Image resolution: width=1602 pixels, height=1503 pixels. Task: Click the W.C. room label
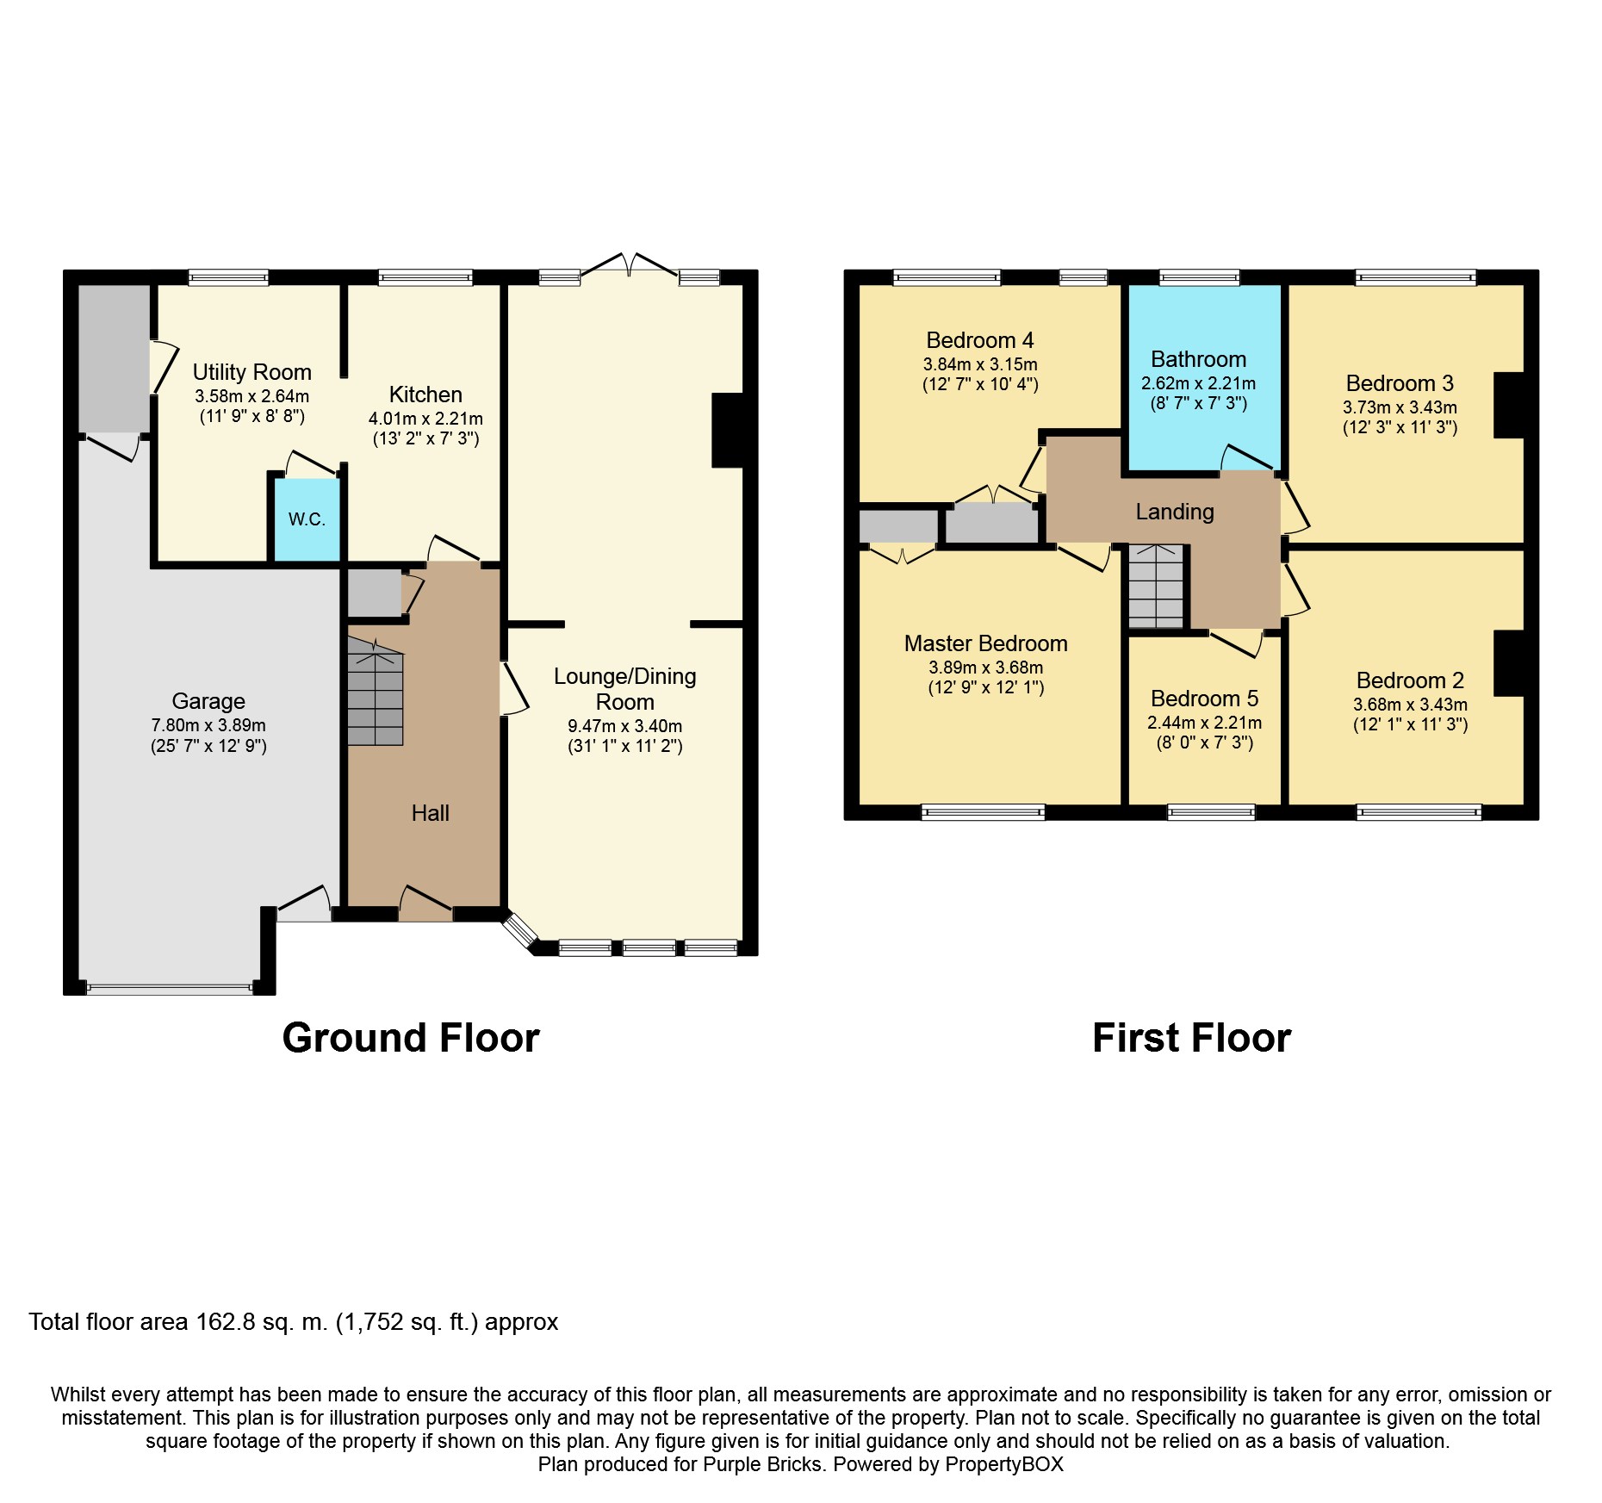click(x=307, y=519)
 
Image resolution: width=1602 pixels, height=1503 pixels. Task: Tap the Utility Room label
click(x=251, y=372)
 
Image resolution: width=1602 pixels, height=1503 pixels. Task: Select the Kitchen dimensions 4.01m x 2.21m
click(x=425, y=419)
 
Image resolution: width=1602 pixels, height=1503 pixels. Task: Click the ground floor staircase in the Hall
click(x=376, y=692)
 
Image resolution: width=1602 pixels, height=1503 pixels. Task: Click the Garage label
click(x=208, y=701)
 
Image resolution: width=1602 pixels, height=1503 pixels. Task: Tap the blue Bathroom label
click(x=1198, y=359)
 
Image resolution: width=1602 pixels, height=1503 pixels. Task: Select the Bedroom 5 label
click(x=1204, y=699)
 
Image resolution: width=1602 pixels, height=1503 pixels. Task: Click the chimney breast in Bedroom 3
click(x=1508, y=405)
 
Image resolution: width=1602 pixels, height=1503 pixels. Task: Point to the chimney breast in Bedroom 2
click(x=1508, y=663)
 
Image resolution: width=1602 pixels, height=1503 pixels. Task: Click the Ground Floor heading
click(x=411, y=1038)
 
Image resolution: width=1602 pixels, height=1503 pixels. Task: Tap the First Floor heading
click(x=1191, y=1038)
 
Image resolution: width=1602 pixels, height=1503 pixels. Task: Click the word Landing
click(x=1175, y=512)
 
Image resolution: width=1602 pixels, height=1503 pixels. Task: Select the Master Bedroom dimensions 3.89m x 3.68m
click(x=985, y=668)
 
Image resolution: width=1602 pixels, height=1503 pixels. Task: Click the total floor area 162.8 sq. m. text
click(x=293, y=1322)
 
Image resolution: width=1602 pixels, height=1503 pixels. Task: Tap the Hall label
click(x=430, y=813)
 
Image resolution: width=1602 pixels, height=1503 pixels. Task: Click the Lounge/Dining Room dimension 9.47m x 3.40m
click(x=624, y=726)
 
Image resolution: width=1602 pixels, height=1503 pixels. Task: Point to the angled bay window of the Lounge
click(x=520, y=932)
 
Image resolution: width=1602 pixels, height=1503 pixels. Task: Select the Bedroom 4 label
click(x=979, y=340)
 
